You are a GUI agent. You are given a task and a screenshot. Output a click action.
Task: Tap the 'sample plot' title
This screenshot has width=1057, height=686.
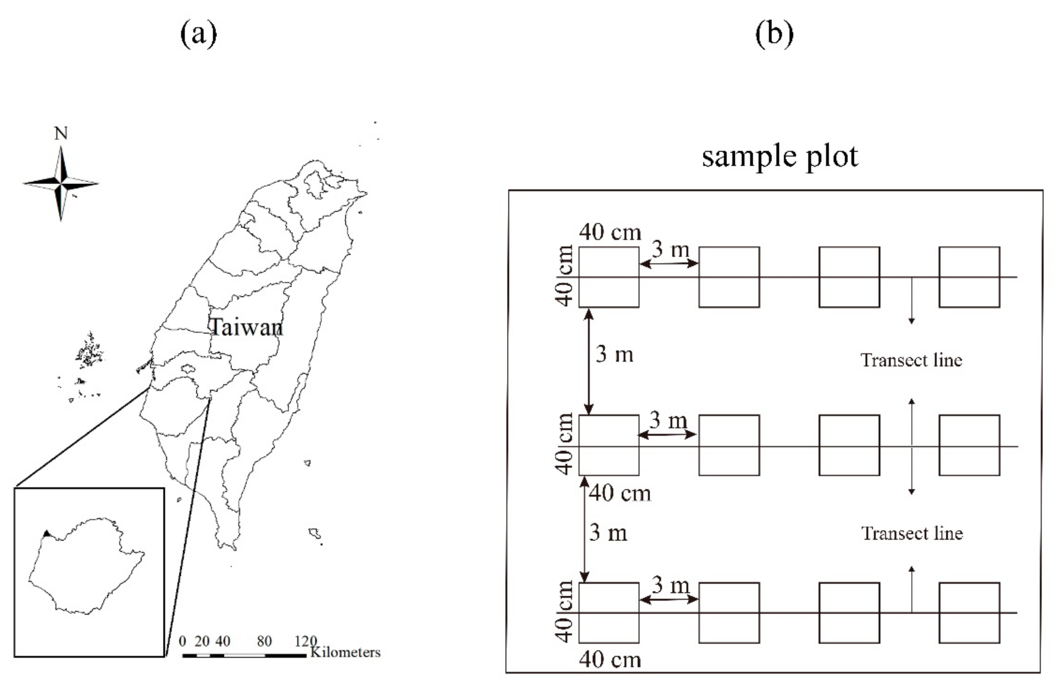780,156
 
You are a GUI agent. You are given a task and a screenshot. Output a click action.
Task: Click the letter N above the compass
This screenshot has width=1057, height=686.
61,133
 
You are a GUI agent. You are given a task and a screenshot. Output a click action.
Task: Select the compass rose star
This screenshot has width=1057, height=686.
61,183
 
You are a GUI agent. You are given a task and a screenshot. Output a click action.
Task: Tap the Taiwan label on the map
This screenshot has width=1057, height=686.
246,327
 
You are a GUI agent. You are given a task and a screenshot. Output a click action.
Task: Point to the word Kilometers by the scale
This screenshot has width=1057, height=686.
345,652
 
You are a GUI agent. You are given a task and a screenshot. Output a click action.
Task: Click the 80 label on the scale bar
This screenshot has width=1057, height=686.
264,641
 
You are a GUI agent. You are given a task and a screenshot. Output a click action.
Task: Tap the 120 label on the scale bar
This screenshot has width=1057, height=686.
306,641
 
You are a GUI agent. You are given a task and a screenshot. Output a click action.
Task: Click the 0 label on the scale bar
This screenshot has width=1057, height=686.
182,641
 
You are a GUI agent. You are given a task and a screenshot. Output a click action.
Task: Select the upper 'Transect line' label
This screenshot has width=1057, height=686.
911,360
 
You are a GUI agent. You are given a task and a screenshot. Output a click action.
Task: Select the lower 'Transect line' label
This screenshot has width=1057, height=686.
912,533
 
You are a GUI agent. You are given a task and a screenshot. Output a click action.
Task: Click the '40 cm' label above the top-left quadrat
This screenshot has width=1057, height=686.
610,232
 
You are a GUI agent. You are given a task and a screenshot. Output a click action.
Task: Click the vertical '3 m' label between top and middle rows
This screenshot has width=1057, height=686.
614,354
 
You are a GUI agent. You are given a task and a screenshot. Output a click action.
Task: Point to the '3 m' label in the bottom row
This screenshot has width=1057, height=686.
670,585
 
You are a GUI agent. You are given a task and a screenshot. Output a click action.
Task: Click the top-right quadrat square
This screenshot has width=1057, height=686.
970,277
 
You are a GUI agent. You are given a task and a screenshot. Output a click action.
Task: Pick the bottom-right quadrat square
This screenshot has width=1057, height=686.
970,613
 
